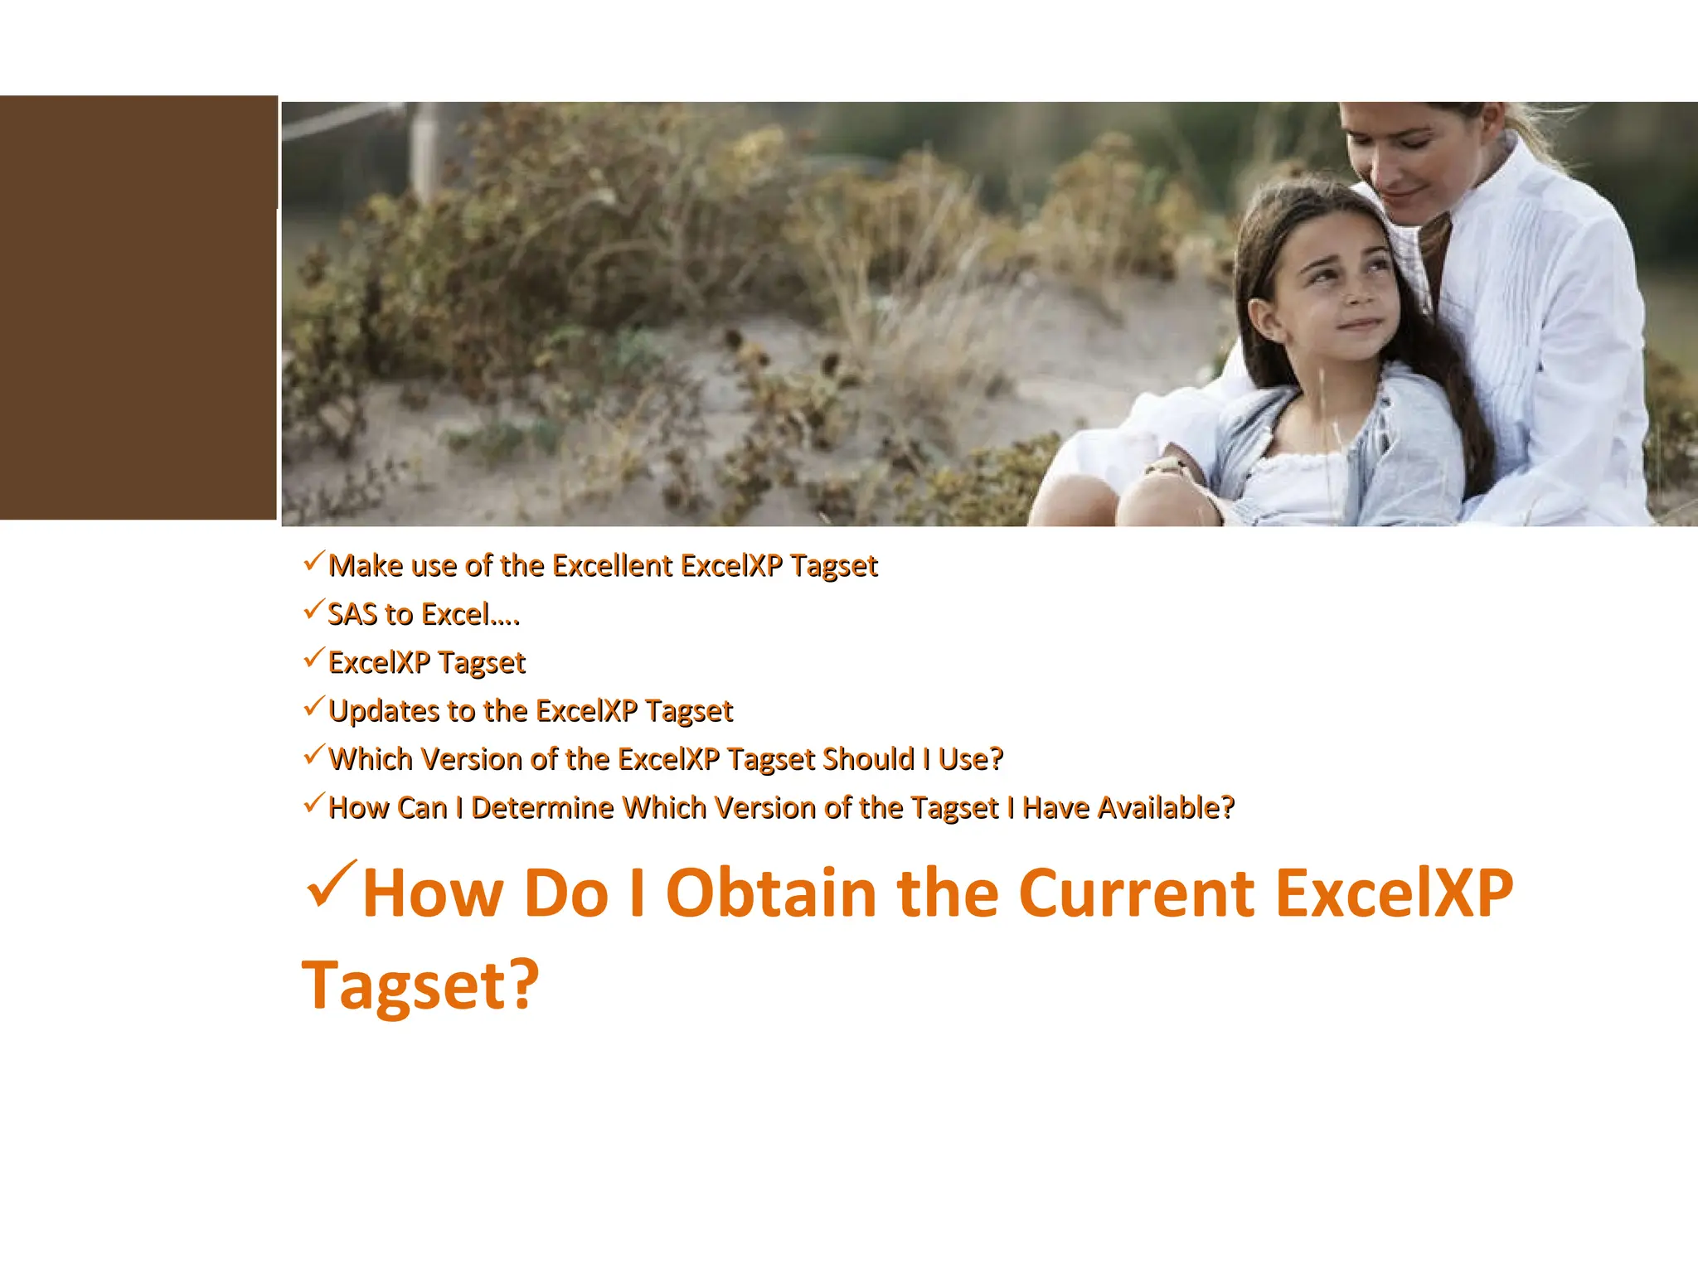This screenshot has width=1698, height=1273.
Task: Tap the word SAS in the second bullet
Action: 352,614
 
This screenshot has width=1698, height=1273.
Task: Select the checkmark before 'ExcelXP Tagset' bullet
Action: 313,659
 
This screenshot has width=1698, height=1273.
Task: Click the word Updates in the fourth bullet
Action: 383,711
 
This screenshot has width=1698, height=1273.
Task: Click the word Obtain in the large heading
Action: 771,893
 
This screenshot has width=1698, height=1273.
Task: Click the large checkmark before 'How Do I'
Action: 331,885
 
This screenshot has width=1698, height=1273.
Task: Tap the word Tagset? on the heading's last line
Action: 420,985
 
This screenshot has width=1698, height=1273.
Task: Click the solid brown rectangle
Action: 138,307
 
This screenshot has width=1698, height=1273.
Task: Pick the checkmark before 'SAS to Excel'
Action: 313,611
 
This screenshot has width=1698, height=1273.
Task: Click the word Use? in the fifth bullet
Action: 970,759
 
